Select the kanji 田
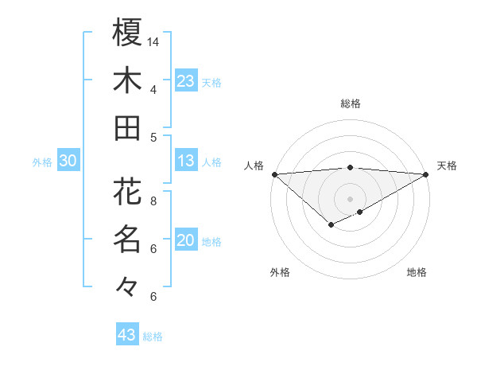click(127, 128)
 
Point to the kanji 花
click(127, 191)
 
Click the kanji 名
click(127, 239)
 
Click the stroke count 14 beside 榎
click(153, 41)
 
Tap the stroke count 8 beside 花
click(153, 201)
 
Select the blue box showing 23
click(186, 81)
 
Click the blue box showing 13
click(186, 162)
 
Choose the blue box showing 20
click(186, 241)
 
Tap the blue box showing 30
click(68, 162)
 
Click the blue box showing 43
click(127, 336)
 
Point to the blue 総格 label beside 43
click(153, 337)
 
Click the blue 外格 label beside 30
click(42, 162)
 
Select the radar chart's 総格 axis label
click(350, 103)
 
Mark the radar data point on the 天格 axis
click(427, 174)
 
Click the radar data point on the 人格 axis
click(274, 174)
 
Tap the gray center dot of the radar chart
click(350, 198)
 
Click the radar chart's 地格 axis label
click(417, 272)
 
